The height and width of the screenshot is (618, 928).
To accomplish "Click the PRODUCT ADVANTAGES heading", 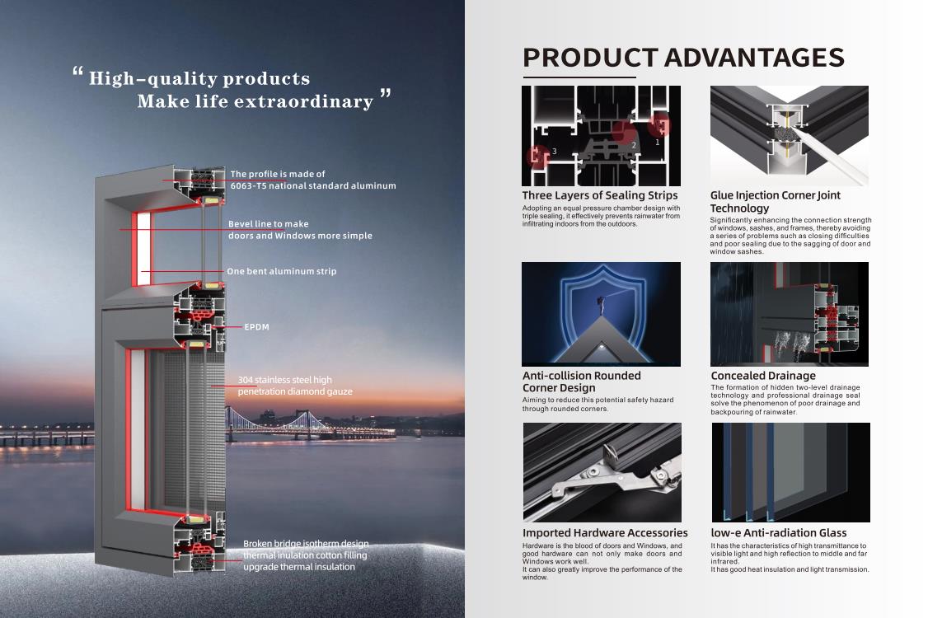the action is tap(683, 58).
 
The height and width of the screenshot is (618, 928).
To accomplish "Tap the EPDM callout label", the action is tap(257, 327).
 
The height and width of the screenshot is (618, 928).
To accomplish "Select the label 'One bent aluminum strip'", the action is tap(282, 271).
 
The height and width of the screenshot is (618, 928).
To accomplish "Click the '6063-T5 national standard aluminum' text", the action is tap(313, 186).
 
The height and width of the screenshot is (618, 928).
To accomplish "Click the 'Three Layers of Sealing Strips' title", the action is tap(599, 195).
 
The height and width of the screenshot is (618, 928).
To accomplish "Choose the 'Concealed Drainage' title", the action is tap(763, 375).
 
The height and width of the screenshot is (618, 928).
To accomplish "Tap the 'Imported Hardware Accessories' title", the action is tap(605, 533).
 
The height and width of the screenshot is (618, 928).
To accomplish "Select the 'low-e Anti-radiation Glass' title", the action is tap(779, 533).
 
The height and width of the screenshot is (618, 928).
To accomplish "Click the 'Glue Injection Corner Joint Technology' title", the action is tap(776, 202).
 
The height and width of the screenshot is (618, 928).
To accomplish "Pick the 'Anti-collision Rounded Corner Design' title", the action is tap(581, 382).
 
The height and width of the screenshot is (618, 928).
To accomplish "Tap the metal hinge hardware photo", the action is tap(602, 472).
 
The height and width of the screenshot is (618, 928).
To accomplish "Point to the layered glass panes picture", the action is tap(790, 472).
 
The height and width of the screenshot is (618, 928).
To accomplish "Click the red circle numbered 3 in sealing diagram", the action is tap(538, 157).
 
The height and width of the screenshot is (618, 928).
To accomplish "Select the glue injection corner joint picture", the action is tap(790, 136).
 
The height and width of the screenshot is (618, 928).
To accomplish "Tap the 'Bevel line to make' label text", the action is tap(269, 224).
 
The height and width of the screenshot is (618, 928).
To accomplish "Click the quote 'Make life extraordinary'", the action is tap(255, 102).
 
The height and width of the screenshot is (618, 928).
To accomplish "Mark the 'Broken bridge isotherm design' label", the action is tap(306, 543).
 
